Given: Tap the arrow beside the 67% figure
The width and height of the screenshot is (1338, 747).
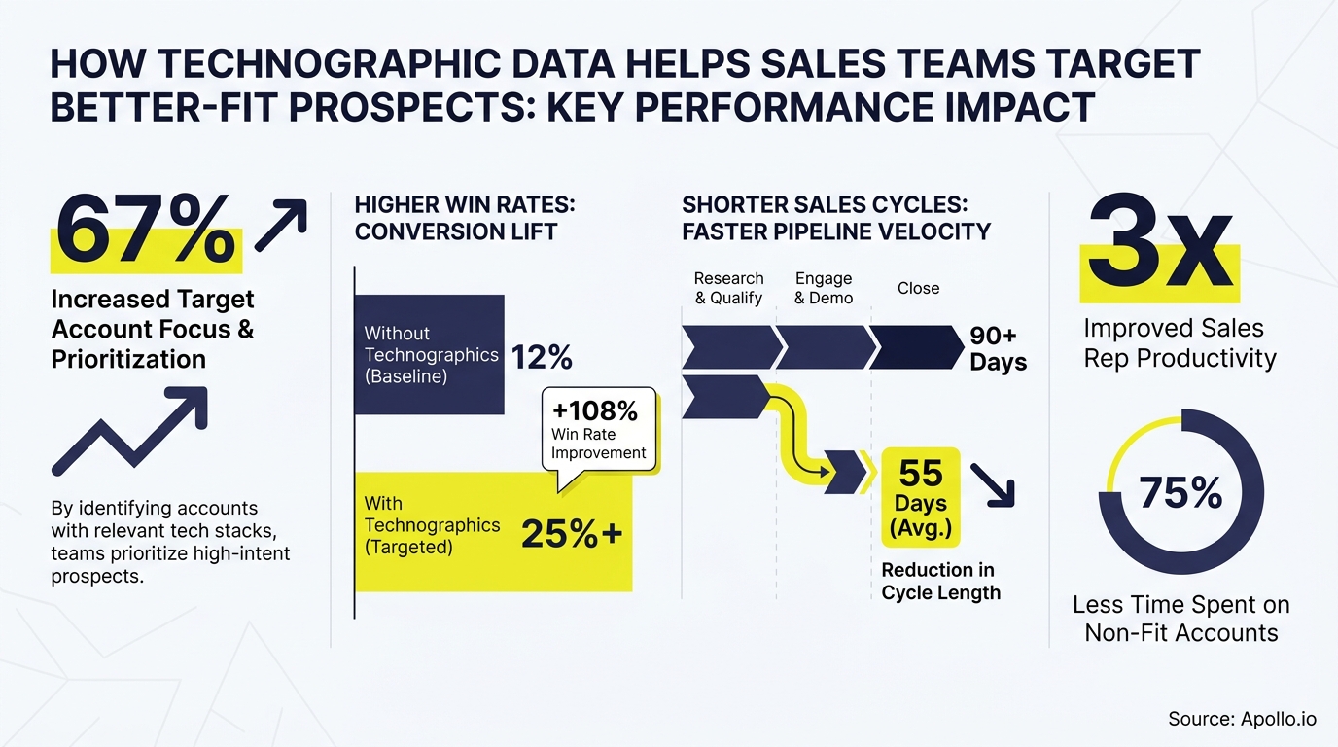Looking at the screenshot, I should (280, 226).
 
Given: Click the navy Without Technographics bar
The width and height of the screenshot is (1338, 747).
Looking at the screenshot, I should (428, 354).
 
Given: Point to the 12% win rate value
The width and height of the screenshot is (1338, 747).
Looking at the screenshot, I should (541, 358).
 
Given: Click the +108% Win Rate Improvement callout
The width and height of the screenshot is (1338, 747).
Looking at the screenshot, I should (598, 430).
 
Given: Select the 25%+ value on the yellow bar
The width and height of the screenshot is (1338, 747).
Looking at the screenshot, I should (572, 534).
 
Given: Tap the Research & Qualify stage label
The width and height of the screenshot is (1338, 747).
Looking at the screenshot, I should (728, 288).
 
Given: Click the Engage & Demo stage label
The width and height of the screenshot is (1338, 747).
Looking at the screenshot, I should (823, 288).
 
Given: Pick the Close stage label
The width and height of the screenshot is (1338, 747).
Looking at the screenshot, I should (918, 288).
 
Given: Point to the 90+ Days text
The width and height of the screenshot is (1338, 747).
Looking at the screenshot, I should (998, 349).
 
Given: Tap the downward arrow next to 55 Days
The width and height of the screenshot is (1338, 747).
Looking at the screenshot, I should (994, 483).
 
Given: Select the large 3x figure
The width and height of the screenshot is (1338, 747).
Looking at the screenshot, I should (1160, 241).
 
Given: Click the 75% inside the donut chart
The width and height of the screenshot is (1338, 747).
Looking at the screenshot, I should (1180, 493).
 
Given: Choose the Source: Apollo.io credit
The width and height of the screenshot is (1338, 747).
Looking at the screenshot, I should (1242, 719).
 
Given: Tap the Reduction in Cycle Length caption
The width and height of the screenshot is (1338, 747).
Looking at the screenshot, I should (940, 581).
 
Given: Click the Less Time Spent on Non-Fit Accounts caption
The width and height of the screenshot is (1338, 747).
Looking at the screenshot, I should (1180, 619).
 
